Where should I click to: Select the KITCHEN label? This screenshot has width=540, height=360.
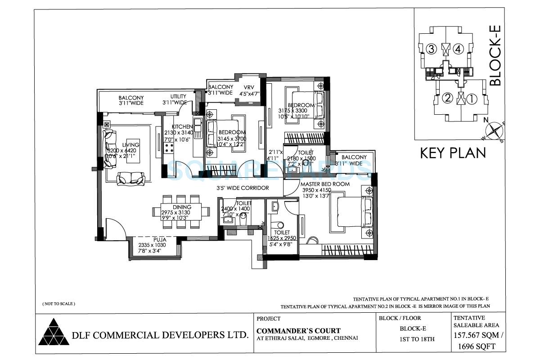[181, 126]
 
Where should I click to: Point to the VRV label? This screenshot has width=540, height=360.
[249, 87]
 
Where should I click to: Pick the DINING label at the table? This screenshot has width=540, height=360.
[181, 207]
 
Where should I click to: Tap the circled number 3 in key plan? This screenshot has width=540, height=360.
[431, 49]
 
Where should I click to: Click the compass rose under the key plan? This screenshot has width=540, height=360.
[495, 131]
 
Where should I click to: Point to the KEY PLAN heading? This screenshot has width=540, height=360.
[453, 153]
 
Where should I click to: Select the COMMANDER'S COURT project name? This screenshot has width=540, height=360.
[298, 331]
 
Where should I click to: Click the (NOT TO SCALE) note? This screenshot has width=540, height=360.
[59, 304]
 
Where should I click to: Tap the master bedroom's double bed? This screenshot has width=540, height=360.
[352, 214]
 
